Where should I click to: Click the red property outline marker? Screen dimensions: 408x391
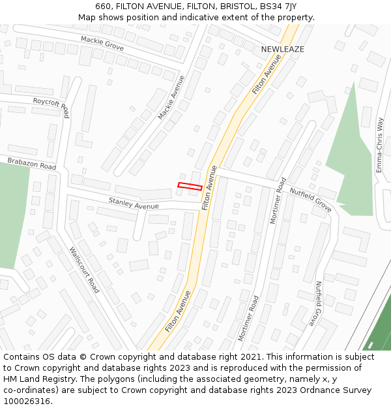[x=190, y=187]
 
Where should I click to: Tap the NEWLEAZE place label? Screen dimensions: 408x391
[x=283, y=49]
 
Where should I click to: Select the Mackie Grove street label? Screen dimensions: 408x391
[x=102, y=44]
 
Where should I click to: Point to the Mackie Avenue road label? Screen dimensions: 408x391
[x=171, y=97]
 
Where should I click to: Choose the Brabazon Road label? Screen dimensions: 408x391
[x=32, y=163]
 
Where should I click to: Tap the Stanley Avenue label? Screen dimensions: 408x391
[x=134, y=204]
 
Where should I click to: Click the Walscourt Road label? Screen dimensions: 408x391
[x=84, y=268]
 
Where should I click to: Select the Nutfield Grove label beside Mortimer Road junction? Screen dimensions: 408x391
[x=311, y=199]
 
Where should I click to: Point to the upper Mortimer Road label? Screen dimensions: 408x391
[x=278, y=200]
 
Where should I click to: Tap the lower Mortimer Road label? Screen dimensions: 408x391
[x=248, y=318]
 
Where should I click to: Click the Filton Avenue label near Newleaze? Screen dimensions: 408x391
[x=267, y=74]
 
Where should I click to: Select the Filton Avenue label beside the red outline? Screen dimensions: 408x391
[x=209, y=187]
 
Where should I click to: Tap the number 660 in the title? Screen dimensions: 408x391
[x=103, y=6]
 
